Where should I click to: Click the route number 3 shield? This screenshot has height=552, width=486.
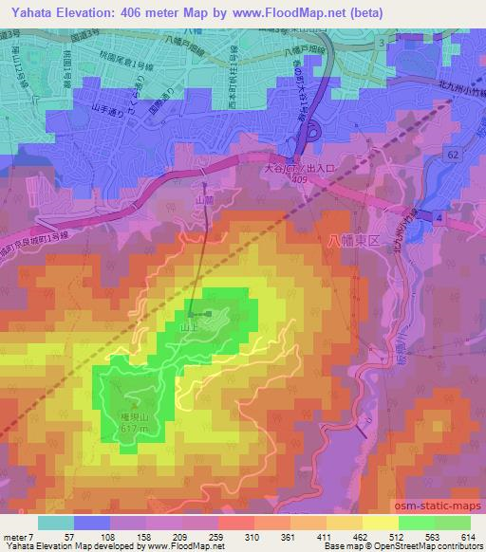point(381,44)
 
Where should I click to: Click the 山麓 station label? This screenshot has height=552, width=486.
point(203,201)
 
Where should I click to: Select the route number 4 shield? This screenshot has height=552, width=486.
point(439,218)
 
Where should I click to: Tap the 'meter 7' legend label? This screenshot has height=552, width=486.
point(18,537)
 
